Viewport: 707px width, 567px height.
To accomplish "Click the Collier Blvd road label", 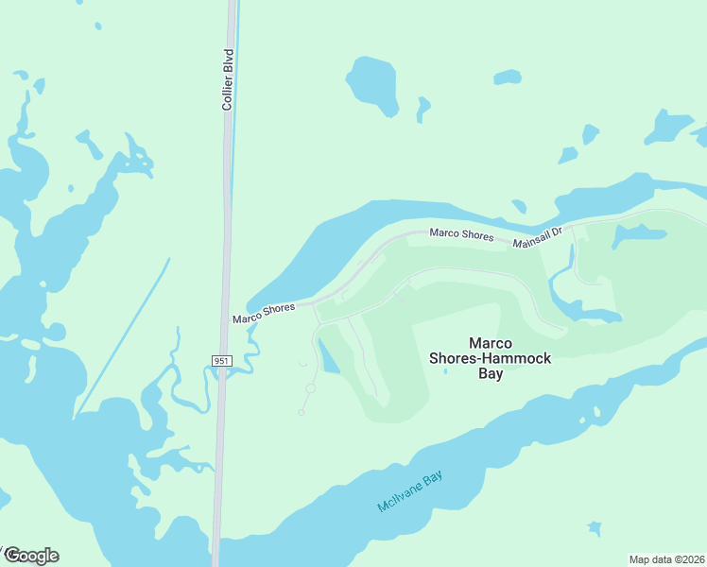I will (227, 79).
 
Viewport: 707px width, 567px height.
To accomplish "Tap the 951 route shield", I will (220, 361).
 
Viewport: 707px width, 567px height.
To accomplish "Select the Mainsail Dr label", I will (538, 237).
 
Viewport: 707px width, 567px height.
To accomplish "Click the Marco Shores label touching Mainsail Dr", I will (461, 234).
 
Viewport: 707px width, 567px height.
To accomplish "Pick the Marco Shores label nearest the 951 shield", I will (264, 313).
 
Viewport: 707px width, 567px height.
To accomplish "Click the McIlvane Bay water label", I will (409, 492).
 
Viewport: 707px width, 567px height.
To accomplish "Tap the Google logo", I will (31, 556).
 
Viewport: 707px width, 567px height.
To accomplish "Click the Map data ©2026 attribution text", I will (666, 559).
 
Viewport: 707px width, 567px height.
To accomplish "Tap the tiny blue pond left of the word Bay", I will (446, 370).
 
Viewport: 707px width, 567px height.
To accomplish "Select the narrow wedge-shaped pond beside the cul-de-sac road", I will (327, 357).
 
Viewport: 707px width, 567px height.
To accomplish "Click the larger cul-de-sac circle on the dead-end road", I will (310, 388).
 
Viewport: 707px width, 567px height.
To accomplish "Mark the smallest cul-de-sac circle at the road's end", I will (302, 412).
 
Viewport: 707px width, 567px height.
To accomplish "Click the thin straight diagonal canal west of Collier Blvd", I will (123, 335).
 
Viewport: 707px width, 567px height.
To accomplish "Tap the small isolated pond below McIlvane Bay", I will (594, 527).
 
